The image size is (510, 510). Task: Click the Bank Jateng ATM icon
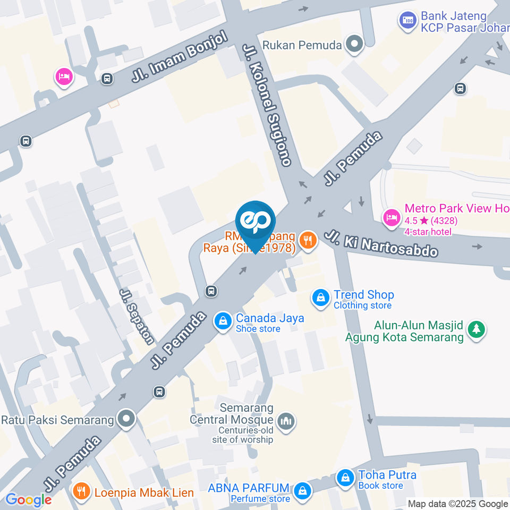[408, 21]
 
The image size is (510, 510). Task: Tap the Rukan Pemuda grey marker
[354, 45]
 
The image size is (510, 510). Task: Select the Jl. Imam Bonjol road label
[180, 58]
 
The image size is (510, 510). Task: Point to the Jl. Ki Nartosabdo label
[382, 243]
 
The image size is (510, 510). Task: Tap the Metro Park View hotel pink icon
[392, 217]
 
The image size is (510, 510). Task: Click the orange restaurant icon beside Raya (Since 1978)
[308, 241]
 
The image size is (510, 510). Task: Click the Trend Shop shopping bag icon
[321, 299]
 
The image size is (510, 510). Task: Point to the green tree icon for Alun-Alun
[477, 329]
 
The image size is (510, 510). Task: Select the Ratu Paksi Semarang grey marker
[126, 420]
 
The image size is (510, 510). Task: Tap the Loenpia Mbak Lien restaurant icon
[81, 491]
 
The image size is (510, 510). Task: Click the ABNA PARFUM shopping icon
[302, 491]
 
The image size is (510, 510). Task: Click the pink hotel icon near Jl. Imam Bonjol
[63, 76]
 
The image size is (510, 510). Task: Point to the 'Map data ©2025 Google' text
[457, 504]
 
